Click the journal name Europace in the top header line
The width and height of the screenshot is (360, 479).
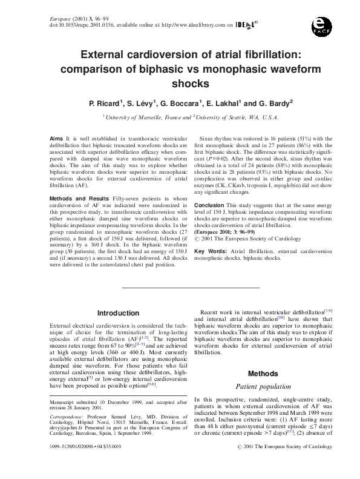click(59, 19)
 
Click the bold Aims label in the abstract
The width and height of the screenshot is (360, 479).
click(56, 139)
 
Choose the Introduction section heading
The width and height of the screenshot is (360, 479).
click(118, 313)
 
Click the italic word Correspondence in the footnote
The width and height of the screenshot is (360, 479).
click(67, 416)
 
